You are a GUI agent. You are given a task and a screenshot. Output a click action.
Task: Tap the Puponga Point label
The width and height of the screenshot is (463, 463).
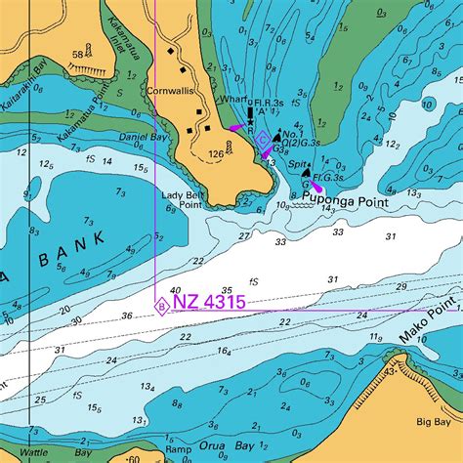tap(345, 202)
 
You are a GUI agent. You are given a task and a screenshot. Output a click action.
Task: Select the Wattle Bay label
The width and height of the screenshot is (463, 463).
tap(33, 453)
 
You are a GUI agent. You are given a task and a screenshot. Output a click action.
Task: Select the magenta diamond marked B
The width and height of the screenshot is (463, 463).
tap(160, 307)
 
